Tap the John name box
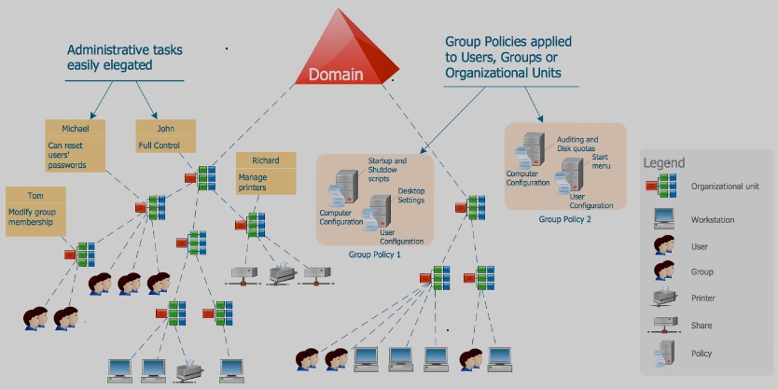[x=166, y=128]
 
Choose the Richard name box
[x=266, y=160]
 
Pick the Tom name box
[x=35, y=194]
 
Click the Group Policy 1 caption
[x=374, y=254]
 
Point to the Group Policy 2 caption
[x=565, y=219]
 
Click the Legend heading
[x=663, y=163]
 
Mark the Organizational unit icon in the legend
[x=663, y=186]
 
